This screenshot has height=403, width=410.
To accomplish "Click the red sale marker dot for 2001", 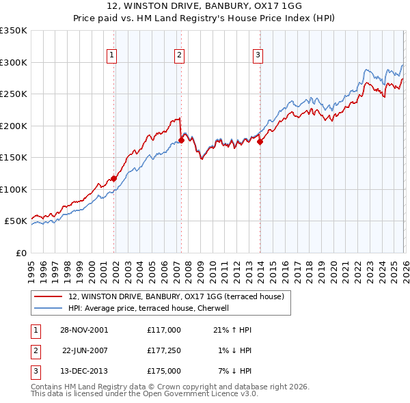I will pyautogui.click(x=113, y=178).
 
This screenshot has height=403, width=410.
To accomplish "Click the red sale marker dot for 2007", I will pyautogui.click(x=181, y=140).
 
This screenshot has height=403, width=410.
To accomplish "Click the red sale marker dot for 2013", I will pyautogui.click(x=260, y=142).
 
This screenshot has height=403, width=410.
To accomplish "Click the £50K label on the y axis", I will pyautogui.click(x=16, y=221).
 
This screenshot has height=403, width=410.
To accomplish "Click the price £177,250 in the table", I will pyautogui.click(x=163, y=350).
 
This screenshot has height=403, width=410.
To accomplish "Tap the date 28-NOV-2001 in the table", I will pyautogui.click(x=85, y=330).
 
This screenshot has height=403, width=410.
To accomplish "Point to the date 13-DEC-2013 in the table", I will pyautogui.click(x=85, y=371).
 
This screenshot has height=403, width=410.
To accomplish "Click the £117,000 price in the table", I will pyautogui.click(x=163, y=330).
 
